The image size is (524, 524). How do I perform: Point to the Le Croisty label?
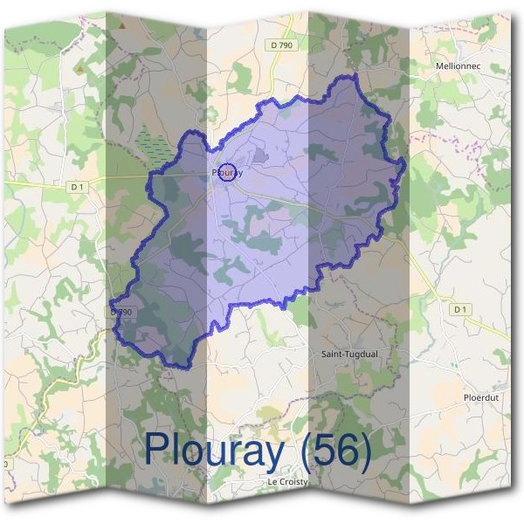pyautogui.click(x=287, y=481)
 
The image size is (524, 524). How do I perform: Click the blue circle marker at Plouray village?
pyautogui.click(x=227, y=172)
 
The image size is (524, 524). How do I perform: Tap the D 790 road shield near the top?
pyautogui.click(x=279, y=45)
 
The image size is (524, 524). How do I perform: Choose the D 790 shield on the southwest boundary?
pyautogui.click(x=121, y=312)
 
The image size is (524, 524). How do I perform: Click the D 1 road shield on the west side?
pyautogui.click(x=77, y=186)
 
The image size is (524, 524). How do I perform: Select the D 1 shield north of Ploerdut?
pyautogui.click(x=460, y=309)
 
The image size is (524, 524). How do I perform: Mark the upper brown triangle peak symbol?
pyautogui.click(x=122, y=26)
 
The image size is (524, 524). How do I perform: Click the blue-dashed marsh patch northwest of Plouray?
pyautogui.click(x=154, y=144)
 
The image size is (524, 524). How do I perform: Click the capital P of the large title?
pyautogui.click(x=156, y=449)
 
